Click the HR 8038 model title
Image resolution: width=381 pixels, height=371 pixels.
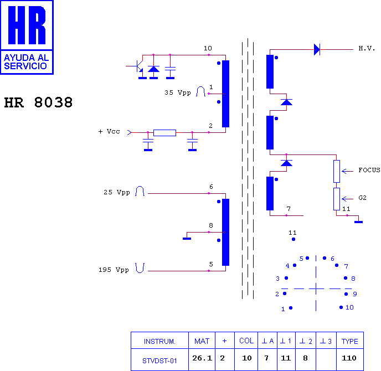[38, 102]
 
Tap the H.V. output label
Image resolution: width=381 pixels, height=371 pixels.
[367, 48]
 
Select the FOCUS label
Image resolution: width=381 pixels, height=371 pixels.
[369, 170]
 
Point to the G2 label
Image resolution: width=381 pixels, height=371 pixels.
[362, 198]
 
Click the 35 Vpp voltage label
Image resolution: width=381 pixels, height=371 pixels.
[178, 92]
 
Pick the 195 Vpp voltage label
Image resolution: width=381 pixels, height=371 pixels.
[114, 270]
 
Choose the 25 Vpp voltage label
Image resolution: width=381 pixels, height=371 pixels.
[117, 192]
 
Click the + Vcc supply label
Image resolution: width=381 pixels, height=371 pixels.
[109, 131]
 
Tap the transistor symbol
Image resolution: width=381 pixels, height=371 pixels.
[137, 66]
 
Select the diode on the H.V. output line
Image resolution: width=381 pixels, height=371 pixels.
[317, 50]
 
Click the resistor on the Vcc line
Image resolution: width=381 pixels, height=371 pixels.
[164, 133]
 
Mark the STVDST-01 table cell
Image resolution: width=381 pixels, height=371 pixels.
[159, 361]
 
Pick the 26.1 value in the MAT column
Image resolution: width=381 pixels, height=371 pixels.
[202, 358]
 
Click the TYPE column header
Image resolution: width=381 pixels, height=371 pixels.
[349, 341]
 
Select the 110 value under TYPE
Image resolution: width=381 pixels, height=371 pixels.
[349, 358]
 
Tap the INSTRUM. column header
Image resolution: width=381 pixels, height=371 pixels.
[159, 342]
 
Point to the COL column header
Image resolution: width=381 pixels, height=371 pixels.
[246, 341]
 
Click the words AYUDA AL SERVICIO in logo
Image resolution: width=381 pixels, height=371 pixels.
[27, 61]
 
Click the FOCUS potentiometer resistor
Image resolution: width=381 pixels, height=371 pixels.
[337, 171]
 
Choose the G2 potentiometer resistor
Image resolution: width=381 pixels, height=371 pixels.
[337, 199]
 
